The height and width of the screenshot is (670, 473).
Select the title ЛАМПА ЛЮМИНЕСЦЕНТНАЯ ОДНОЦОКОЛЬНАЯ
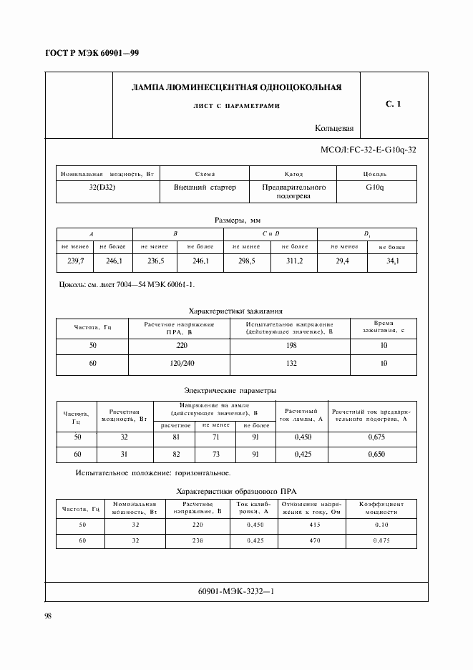click(x=236, y=87)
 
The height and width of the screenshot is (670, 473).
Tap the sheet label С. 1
click(x=393, y=105)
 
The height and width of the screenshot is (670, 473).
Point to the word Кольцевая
click(x=334, y=129)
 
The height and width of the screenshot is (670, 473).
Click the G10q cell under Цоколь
click(x=374, y=187)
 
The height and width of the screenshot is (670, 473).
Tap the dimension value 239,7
click(x=75, y=261)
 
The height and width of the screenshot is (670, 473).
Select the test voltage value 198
click(x=290, y=345)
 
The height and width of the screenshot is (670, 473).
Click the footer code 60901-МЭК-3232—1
click(x=235, y=593)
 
